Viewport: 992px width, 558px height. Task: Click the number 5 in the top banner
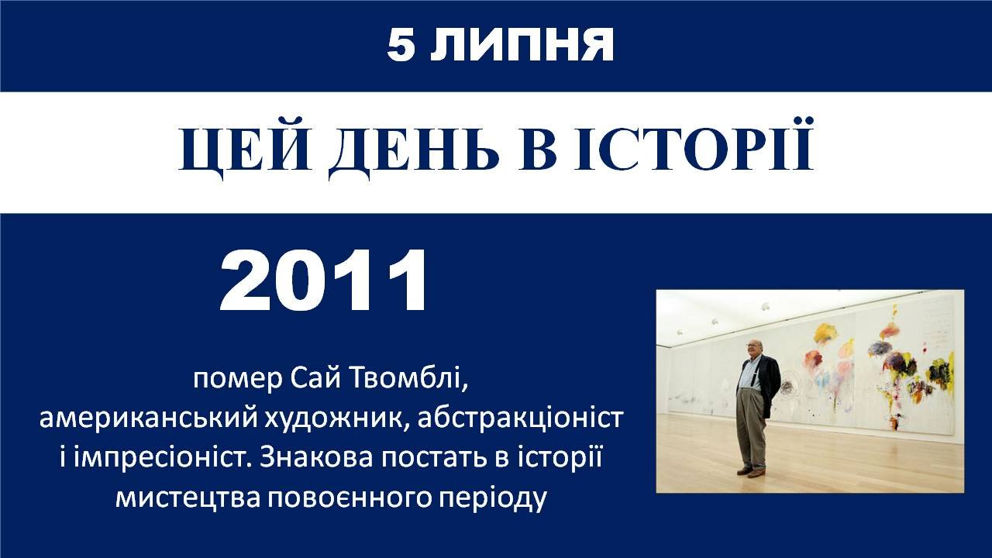tap(402, 45)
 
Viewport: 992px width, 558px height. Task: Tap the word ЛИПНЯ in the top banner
tap(522, 45)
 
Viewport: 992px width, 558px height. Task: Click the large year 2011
tap(324, 281)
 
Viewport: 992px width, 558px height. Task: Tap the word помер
tap(237, 379)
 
